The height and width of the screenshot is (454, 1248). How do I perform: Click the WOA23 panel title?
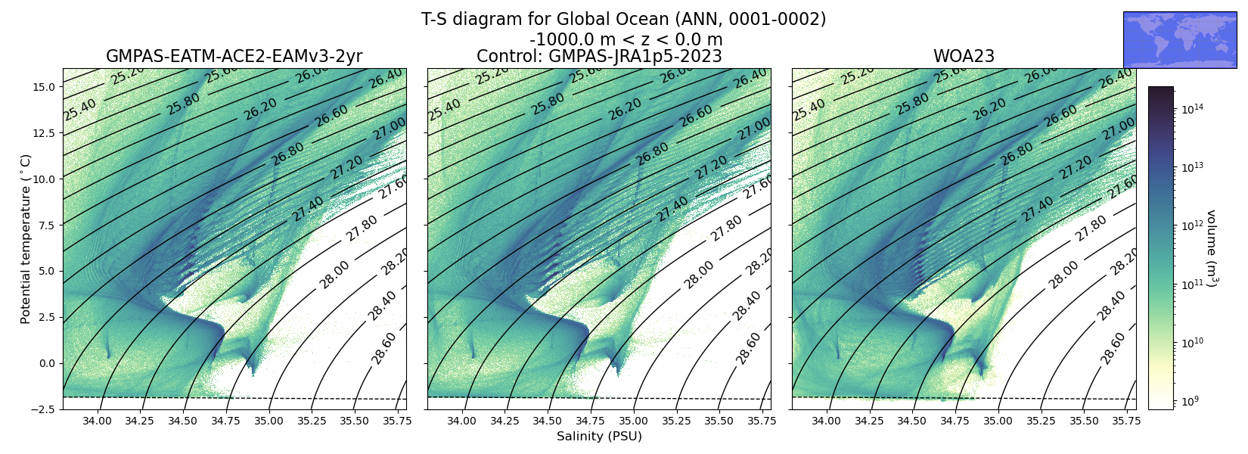[964, 56]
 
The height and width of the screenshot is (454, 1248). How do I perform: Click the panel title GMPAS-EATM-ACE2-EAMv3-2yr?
[234, 56]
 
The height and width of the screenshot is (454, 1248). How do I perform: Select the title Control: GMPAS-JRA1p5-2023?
[599, 56]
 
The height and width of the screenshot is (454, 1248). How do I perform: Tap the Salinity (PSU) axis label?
[599, 436]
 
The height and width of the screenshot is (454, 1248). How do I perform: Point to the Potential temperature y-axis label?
[25, 239]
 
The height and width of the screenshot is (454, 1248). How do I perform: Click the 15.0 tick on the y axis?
[44, 87]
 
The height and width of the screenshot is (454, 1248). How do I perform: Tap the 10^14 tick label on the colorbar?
[1193, 109]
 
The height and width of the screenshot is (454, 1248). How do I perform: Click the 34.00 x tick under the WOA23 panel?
[826, 421]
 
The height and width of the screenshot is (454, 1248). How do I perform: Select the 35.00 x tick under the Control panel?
[634, 421]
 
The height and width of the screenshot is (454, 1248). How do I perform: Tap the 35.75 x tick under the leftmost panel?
[397, 421]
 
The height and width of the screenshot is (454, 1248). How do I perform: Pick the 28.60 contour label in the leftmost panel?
[384, 348]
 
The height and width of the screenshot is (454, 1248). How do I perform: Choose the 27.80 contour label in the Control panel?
[727, 228]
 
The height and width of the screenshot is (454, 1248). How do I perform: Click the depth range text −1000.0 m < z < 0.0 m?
[626, 39]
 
